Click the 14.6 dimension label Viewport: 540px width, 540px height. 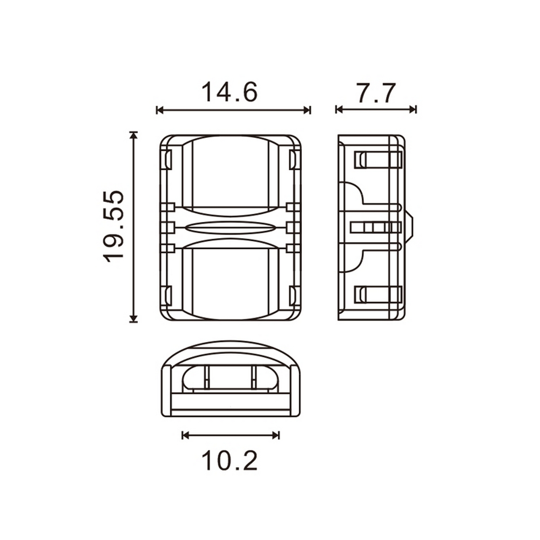click(230, 92)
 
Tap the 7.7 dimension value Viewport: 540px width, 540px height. click(376, 93)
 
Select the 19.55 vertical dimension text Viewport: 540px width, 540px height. click(113, 226)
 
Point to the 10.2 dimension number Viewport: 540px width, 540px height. click(230, 461)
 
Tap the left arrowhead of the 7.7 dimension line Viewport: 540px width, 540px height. click(339, 110)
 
